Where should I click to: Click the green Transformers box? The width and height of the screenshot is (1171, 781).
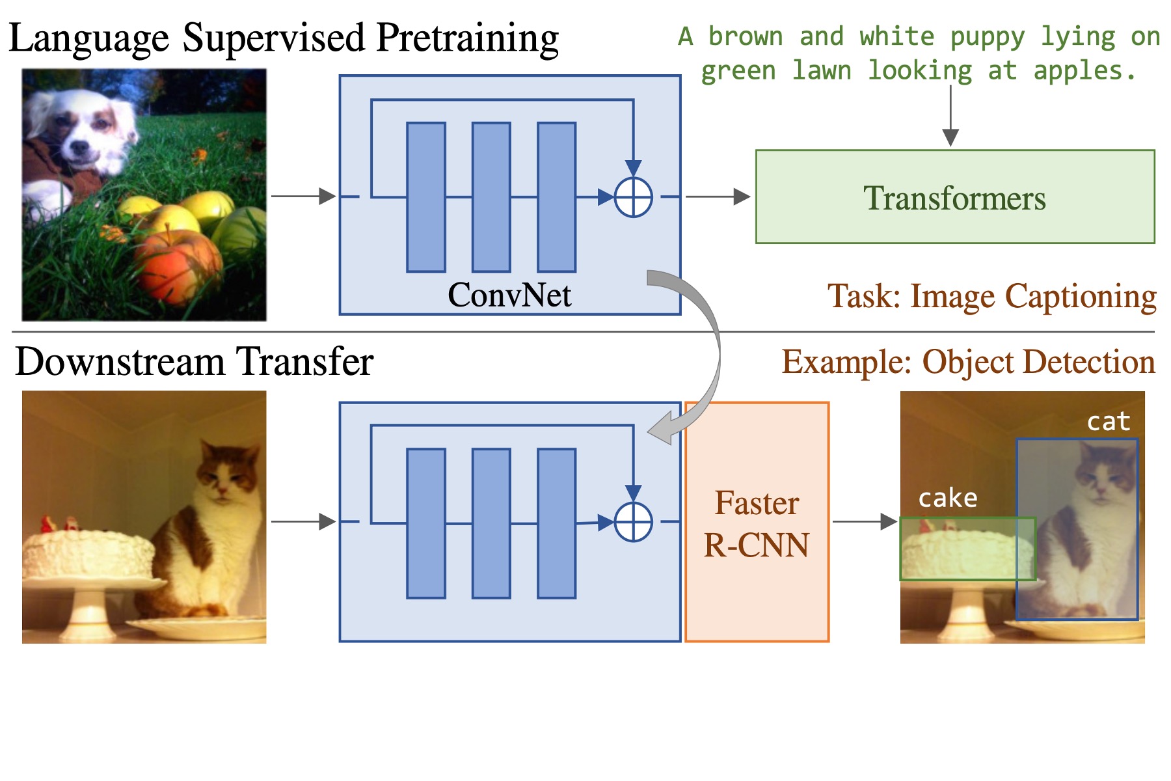click(x=954, y=197)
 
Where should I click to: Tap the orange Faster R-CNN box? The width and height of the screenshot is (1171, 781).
click(x=757, y=522)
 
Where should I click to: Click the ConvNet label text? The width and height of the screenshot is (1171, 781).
click(x=509, y=295)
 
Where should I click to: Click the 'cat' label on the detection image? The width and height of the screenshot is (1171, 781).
click(x=1109, y=422)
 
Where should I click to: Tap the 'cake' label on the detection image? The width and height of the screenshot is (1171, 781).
click(x=947, y=499)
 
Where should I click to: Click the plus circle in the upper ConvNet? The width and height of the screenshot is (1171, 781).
click(x=633, y=197)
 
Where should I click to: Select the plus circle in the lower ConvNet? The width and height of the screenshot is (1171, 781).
click(x=633, y=522)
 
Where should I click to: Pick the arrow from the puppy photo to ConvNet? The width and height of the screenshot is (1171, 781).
click(x=303, y=196)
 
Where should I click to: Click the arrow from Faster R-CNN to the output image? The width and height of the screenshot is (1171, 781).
click(x=865, y=521)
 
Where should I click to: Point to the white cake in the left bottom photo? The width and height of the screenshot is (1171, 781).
click(x=88, y=553)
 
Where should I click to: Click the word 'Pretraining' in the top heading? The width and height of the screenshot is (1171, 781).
click(x=467, y=37)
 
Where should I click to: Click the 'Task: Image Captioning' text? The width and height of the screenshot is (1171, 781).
click(x=991, y=296)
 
